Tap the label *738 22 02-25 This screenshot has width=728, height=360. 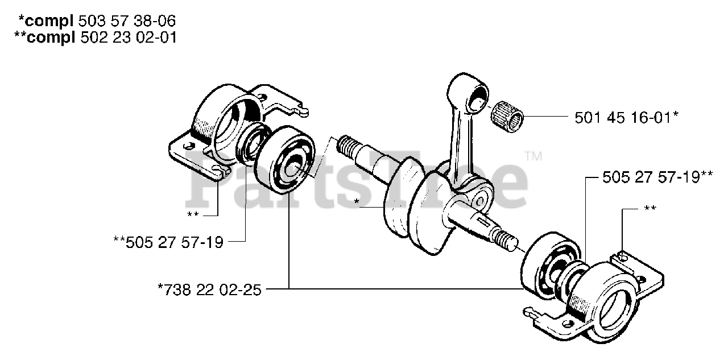click(x=209, y=289)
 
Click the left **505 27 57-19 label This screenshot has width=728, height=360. click(x=168, y=243)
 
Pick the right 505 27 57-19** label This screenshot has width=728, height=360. click(x=657, y=177)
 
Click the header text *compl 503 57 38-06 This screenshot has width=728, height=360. click(x=97, y=22)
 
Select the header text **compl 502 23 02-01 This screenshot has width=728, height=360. click(x=97, y=38)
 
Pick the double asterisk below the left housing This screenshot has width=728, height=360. click(x=193, y=215)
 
